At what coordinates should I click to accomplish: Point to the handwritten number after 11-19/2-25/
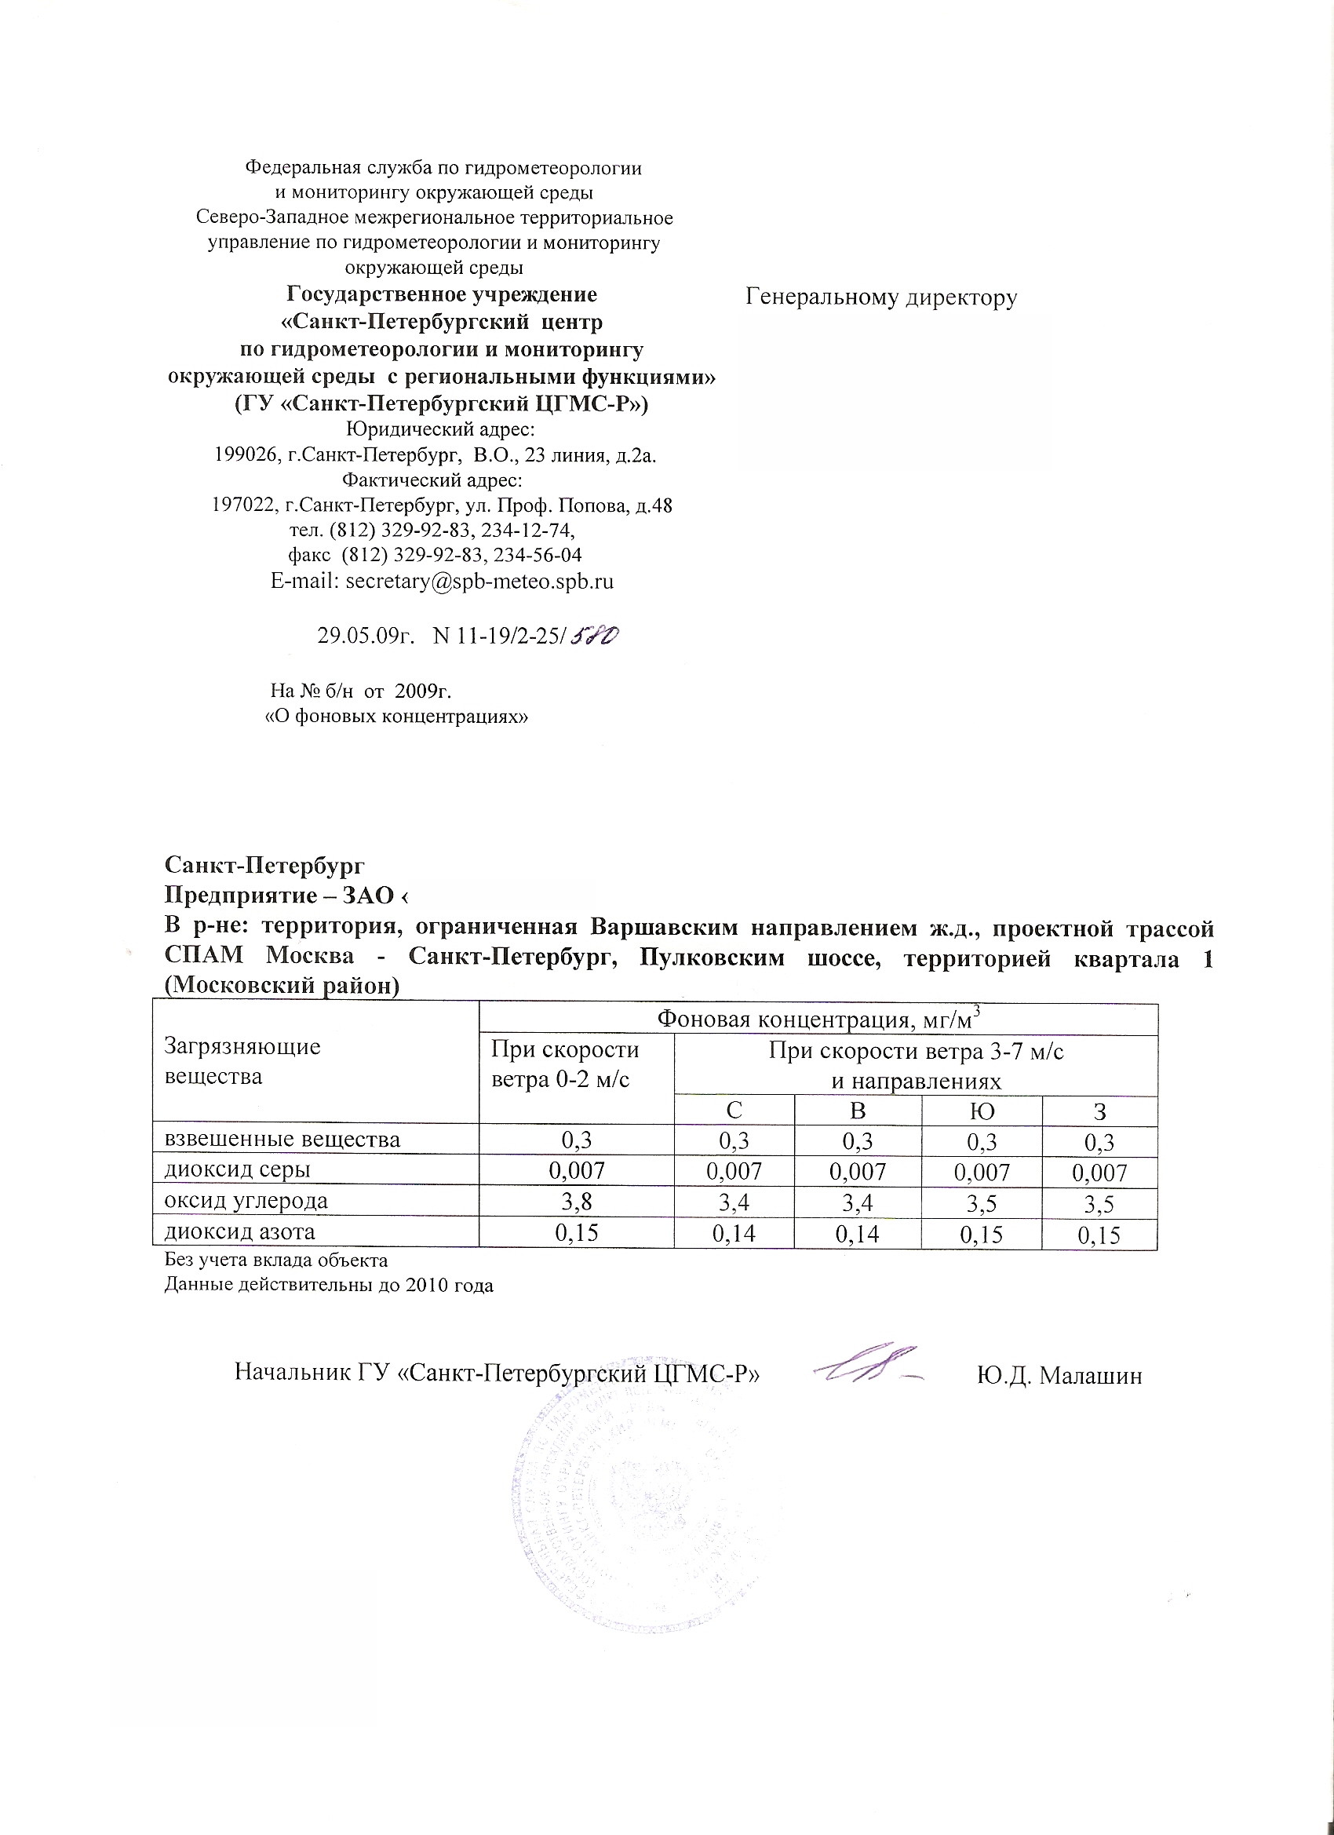click(x=596, y=636)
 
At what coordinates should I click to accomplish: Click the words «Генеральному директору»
click(x=881, y=297)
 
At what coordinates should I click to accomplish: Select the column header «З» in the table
click(x=1099, y=1111)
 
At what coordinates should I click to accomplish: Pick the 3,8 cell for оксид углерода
click(x=577, y=1202)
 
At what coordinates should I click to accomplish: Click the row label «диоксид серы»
click(x=238, y=1170)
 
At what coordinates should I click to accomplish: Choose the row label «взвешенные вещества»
click(x=282, y=1140)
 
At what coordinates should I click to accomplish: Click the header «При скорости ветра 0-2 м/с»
click(x=564, y=1064)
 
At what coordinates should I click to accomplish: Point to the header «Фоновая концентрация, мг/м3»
click(x=818, y=1019)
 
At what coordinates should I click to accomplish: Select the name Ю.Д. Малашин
click(x=1059, y=1375)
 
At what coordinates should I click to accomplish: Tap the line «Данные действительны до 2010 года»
click(x=329, y=1286)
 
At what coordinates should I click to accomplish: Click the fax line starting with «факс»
click(x=436, y=555)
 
